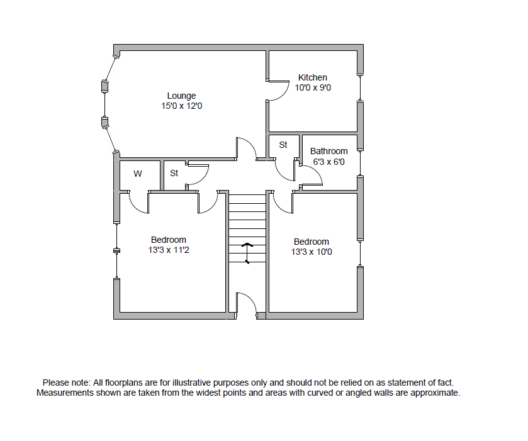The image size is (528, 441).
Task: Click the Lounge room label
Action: tap(181, 96)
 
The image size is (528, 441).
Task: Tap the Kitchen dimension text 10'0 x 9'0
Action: tap(313, 88)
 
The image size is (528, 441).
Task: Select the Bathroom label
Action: tap(329, 151)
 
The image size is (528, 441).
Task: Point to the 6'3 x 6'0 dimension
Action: tap(329, 162)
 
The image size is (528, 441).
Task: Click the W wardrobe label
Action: tap(137, 173)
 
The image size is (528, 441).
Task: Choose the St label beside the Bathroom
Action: tap(283, 145)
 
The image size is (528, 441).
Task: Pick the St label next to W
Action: tap(174, 173)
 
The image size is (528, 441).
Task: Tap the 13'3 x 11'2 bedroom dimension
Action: tap(169, 250)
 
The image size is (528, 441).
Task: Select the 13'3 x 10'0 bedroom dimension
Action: tap(312, 252)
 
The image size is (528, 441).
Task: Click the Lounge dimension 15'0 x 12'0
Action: tap(181, 107)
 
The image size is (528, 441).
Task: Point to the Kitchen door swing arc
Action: tap(277, 92)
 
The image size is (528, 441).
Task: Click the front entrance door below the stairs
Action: tap(247, 305)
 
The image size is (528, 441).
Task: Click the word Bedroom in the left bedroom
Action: tap(169, 240)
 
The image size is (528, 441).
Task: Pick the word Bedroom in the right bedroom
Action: tap(312, 242)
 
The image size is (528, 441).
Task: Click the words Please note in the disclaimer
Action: tap(65, 382)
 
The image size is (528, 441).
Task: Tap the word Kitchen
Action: tap(313, 77)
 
